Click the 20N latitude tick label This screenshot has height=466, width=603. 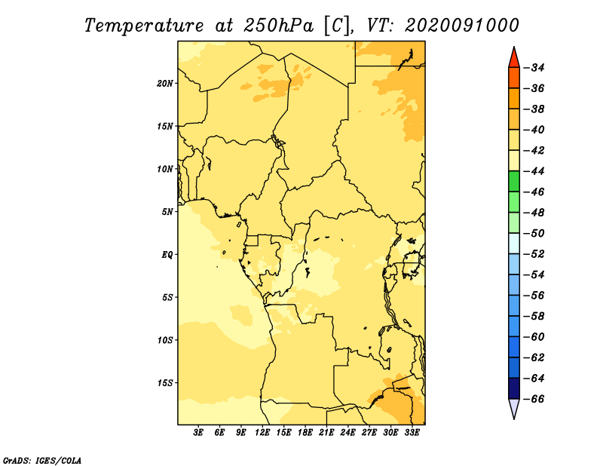click(164, 84)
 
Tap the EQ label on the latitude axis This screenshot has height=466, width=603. click(167, 255)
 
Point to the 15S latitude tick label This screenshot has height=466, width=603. click(164, 383)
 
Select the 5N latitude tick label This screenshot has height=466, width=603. click(167, 212)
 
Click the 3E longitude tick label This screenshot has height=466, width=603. click(198, 432)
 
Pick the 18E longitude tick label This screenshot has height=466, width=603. click(305, 432)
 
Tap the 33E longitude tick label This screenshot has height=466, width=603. click(412, 432)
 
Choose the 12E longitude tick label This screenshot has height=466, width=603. click(262, 432)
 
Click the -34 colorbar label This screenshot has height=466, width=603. click(534, 68)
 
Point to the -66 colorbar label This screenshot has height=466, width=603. click(534, 399)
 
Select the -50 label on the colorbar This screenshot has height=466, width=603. click(534, 233)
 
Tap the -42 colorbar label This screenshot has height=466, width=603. click(534, 151)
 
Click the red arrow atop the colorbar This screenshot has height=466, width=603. click(514, 59)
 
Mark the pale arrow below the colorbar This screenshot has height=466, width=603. click(514, 407)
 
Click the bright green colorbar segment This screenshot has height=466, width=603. click(514, 181)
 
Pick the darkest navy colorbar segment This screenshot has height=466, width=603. click(514, 388)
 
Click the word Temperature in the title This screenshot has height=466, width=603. click(144, 26)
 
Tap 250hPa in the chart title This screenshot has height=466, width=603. click(279, 26)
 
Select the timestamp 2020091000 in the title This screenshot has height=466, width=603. click(462, 26)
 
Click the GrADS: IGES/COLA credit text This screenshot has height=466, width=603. click(42, 461)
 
